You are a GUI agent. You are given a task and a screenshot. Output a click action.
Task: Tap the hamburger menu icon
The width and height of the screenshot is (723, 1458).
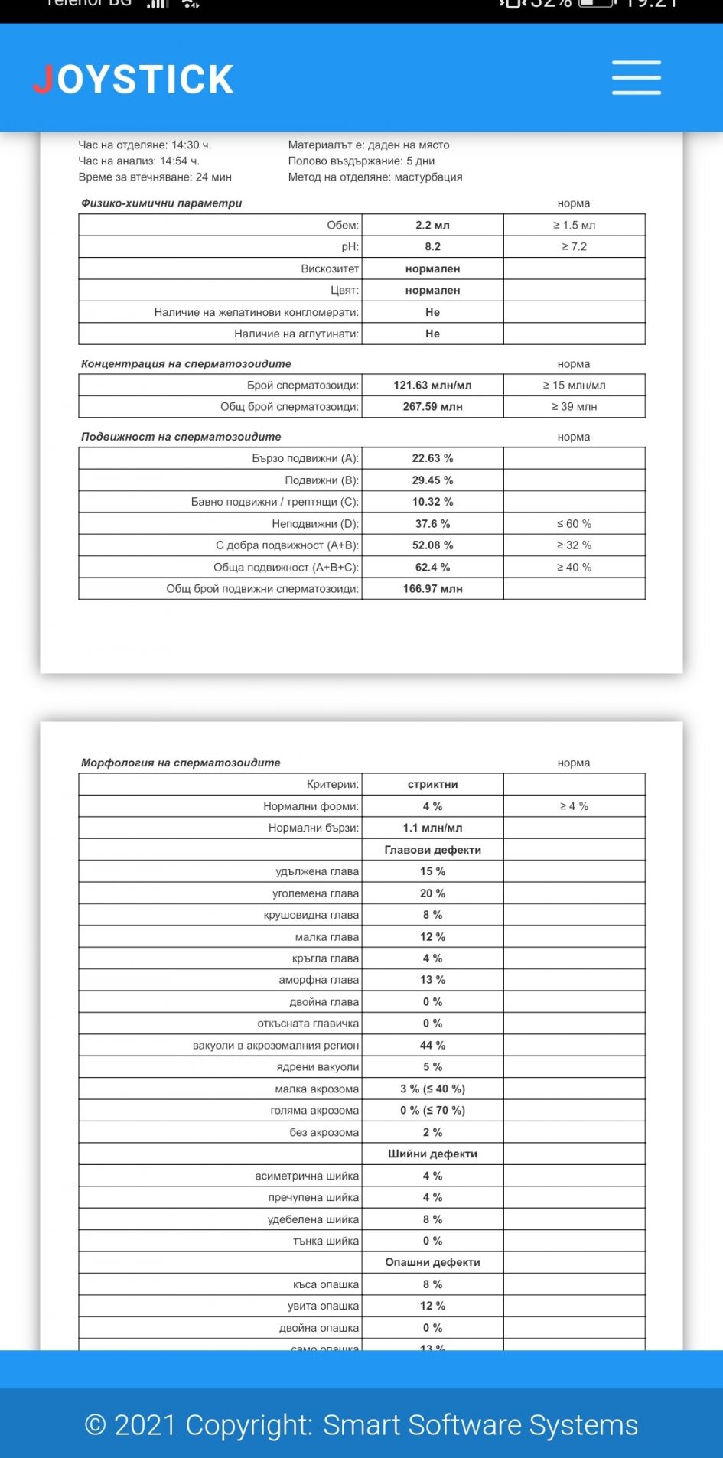pyautogui.click(x=636, y=78)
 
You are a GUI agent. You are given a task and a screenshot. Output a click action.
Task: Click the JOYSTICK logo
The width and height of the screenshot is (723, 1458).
pyautogui.click(x=133, y=80)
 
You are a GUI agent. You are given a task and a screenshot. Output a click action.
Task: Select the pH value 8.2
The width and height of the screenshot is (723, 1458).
pyautogui.click(x=432, y=246)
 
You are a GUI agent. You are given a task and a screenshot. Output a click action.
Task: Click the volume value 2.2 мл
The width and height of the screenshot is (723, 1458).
pyautogui.click(x=432, y=225)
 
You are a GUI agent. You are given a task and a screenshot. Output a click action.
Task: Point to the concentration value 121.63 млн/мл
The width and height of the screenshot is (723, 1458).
pyautogui.click(x=432, y=385)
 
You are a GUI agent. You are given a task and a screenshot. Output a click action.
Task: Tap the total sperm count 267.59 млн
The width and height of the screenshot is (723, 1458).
pyautogui.click(x=432, y=406)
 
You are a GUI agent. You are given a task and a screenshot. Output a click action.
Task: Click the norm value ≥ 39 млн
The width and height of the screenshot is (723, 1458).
pyautogui.click(x=574, y=406)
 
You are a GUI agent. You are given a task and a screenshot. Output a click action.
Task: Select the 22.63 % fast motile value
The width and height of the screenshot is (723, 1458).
pyautogui.click(x=432, y=458)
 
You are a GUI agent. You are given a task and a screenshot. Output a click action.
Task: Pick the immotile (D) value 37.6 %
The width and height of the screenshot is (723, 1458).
pyautogui.click(x=432, y=524)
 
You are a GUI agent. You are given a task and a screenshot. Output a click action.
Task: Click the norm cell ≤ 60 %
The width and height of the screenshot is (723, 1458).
pyautogui.click(x=574, y=524)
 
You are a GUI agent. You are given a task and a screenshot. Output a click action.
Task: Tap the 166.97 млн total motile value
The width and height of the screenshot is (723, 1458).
pyautogui.click(x=432, y=588)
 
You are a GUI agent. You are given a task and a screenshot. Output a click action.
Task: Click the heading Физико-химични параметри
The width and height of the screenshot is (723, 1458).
pyautogui.click(x=161, y=203)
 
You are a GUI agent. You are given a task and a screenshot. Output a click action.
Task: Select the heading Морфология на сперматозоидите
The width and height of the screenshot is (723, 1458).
pyautogui.click(x=181, y=763)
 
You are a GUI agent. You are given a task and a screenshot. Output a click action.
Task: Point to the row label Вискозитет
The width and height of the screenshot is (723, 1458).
pyautogui.click(x=330, y=268)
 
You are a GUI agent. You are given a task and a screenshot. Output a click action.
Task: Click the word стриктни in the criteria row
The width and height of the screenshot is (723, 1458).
pyautogui.click(x=432, y=784)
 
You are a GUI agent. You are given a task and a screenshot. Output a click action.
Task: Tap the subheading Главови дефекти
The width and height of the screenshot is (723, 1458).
pyautogui.click(x=432, y=850)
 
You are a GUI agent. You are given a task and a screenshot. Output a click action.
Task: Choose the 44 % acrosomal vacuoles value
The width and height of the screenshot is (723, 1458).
pyautogui.click(x=432, y=1045)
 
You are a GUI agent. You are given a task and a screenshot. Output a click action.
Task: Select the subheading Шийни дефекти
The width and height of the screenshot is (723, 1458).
pyautogui.click(x=432, y=1154)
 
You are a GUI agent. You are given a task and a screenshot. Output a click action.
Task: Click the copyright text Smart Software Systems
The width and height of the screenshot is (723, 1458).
pyautogui.click(x=480, y=1425)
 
